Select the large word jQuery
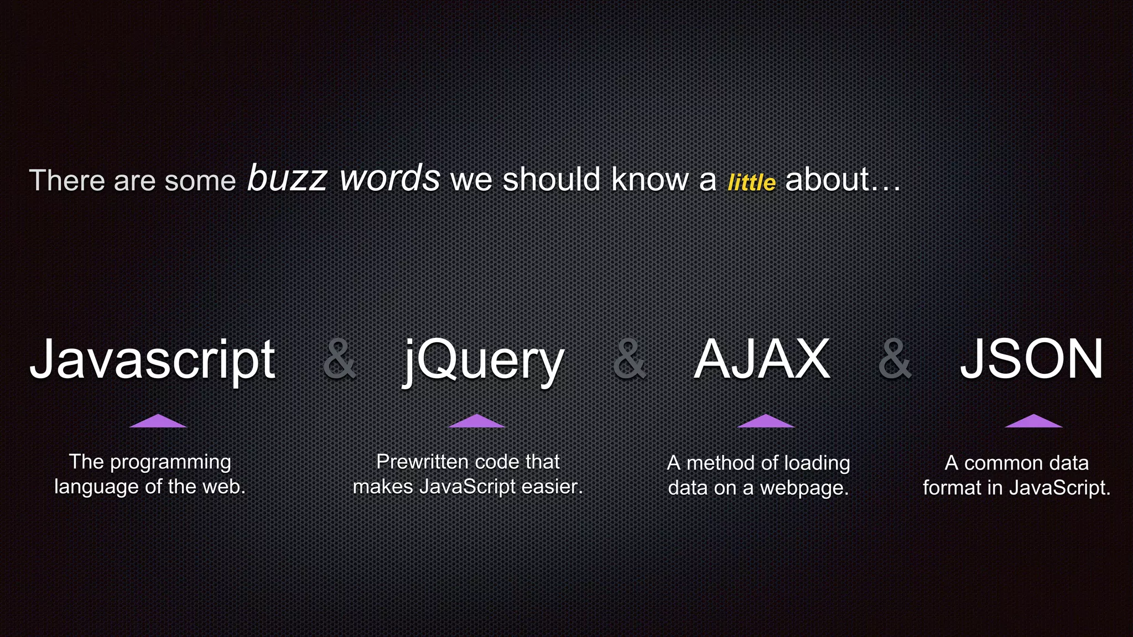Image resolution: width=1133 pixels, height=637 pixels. (484, 361)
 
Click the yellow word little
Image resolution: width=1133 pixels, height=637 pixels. (751, 182)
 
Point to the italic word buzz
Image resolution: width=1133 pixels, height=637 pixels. (287, 178)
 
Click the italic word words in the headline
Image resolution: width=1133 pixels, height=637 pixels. (390, 178)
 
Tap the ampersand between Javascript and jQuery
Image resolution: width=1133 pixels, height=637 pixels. (339, 359)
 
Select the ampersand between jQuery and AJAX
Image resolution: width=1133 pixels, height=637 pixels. (630, 359)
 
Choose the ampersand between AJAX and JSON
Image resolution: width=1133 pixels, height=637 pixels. (895, 359)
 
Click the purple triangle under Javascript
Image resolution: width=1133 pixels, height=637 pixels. (158, 421)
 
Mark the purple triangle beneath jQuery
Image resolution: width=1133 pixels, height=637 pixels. (476, 421)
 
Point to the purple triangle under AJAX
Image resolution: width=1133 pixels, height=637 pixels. (766, 421)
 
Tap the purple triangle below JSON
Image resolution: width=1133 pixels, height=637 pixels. (1033, 421)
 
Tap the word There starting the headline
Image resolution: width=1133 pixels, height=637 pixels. (66, 180)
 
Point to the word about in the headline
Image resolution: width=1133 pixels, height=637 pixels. (828, 180)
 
